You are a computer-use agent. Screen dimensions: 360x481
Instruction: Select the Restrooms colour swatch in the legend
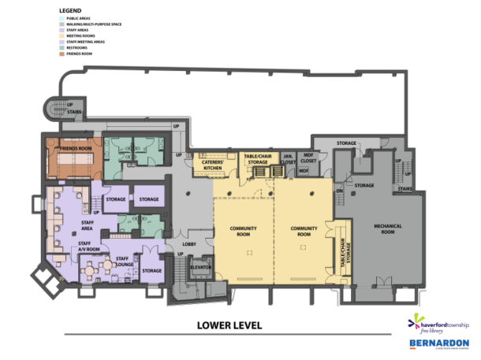[61, 47]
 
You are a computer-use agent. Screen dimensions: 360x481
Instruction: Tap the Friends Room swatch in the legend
[61, 54]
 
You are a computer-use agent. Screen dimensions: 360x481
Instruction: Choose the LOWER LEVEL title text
[229, 325]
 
